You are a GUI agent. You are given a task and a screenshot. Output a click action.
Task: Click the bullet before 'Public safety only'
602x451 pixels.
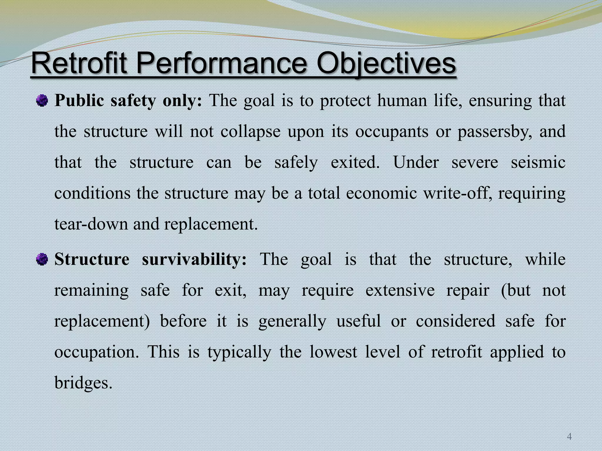coord(42,101)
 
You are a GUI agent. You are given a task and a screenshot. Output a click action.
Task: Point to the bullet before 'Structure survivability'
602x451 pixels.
coord(42,259)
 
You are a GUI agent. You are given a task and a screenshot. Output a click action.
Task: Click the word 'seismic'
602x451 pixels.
coord(538,162)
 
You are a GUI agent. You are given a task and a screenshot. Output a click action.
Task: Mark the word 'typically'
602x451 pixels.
coord(239,352)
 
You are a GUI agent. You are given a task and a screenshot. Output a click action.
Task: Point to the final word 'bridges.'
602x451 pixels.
coord(83,383)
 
